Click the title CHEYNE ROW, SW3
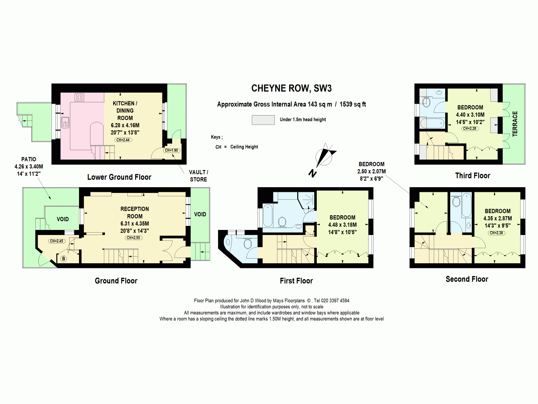[x=292, y=88]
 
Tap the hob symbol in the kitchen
[x=79, y=97]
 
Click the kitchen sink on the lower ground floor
[x=65, y=123]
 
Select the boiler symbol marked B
[x=64, y=259]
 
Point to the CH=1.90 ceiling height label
[x=171, y=150]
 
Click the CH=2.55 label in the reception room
[x=133, y=238]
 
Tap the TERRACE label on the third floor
[x=515, y=124]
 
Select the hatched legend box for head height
[x=263, y=120]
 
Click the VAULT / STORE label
[x=198, y=176]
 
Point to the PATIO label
[x=29, y=160]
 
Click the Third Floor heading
[x=472, y=176]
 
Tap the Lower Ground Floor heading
[x=119, y=177]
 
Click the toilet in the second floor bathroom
[x=456, y=201]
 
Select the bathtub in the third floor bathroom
[x=432, y=123]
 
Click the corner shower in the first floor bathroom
[x=307, y=200]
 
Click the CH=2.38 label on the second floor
[x=497, y=233]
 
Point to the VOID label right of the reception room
[x=200, y=214]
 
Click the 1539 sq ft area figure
[x=353, y=104]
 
